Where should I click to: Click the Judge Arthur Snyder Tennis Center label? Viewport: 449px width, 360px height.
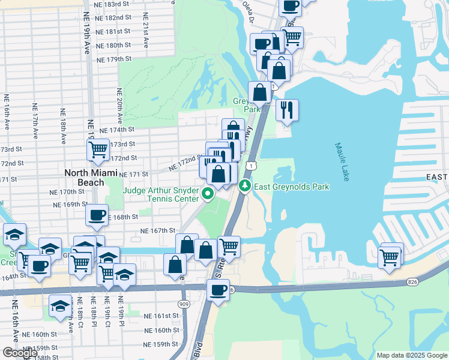160,194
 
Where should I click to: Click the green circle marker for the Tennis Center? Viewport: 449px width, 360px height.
208,193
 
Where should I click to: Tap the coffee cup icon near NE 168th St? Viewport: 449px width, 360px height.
97,215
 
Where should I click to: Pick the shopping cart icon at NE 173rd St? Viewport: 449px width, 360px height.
98,149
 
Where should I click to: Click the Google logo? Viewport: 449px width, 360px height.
20,352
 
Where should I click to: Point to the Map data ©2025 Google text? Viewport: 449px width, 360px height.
412,355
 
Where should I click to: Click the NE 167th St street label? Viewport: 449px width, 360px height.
158,230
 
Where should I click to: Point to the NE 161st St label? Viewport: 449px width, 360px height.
162,316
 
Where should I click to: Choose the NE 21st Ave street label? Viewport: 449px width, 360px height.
145,36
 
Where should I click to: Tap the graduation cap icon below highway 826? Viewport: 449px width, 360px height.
60,307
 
